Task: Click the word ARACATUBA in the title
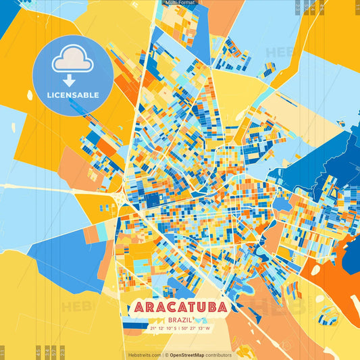point(180,307)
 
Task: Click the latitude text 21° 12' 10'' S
point(159,328)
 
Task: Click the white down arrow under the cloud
point(69,80)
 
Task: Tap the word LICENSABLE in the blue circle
point(73,95)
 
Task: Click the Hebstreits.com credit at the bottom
point(145,355)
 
